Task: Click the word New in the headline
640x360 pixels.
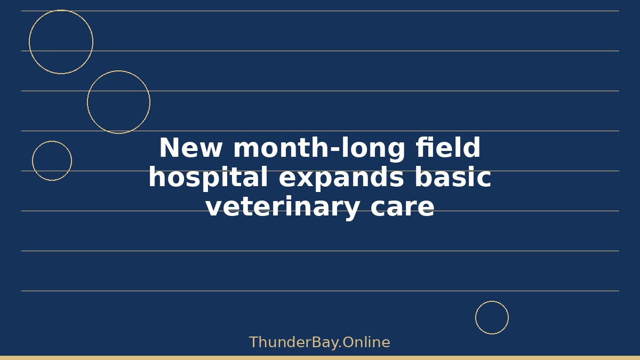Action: tap(190, 147)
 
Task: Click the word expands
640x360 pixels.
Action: tap(341, 178)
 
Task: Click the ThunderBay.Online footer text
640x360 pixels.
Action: tap(319, 342)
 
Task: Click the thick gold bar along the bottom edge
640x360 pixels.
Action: tap(320, 358)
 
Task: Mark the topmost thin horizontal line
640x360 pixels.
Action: tap(321, 11)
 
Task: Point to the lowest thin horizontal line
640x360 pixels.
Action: tap(321, 291)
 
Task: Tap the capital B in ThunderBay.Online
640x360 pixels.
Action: tap(317, 342)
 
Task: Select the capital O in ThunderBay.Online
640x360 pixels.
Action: tap(348, 342)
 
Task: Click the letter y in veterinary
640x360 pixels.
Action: tap(350, 211)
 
